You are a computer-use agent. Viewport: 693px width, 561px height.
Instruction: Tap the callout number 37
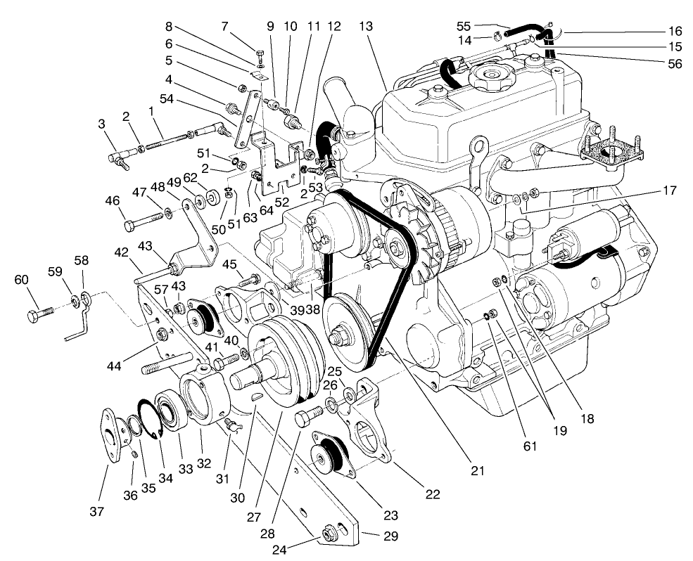click(x=97, y=511)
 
